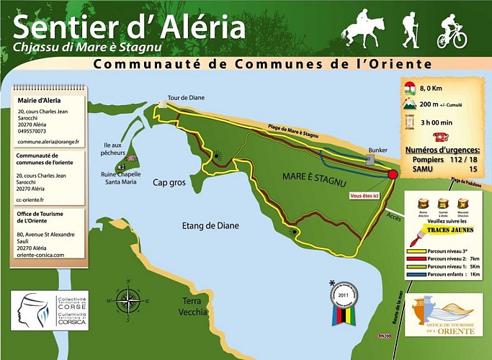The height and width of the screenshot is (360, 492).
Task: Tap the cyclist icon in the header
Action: (x=451, y=32)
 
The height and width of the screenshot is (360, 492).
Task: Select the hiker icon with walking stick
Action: (x=410, y=29)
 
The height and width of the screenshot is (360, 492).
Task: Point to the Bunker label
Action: (x=378, y=150)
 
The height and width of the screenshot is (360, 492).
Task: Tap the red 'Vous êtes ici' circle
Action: (x=393, y=174)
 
